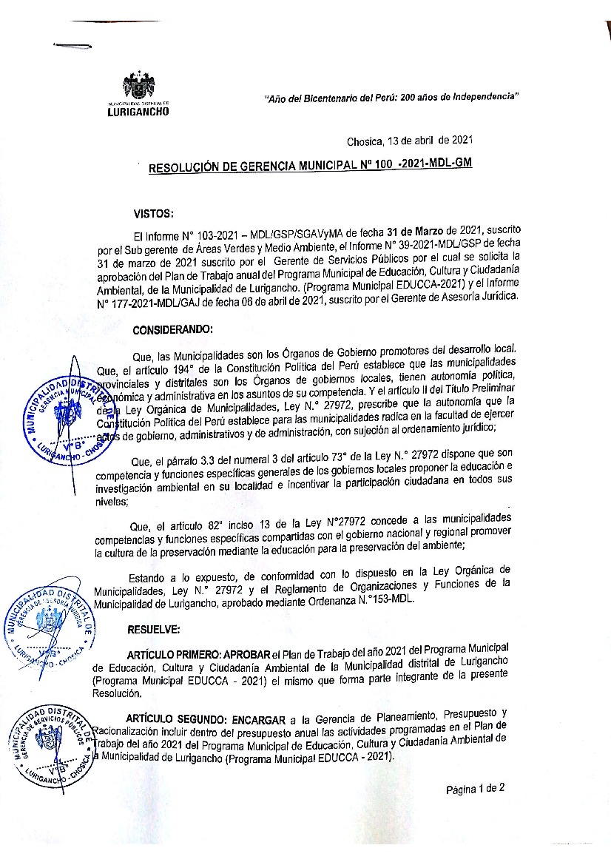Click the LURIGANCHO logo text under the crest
[138, 112]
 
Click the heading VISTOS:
[153, 214]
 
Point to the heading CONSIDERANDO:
[172, 329]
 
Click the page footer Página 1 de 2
[475, 788]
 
